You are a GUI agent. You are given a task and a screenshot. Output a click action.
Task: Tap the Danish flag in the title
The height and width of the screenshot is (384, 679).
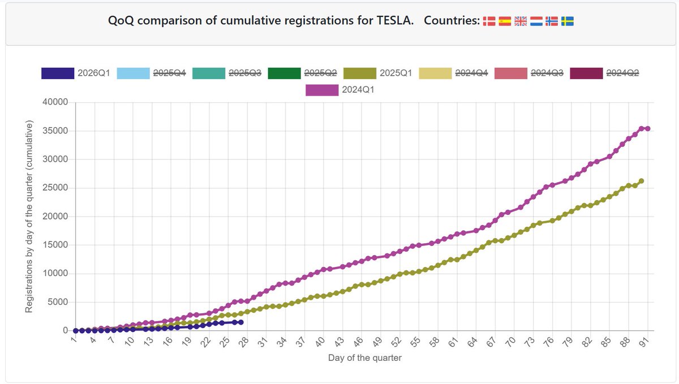pos(489,21)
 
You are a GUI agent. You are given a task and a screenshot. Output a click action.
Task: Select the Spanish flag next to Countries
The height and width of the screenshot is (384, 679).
pos(505,21)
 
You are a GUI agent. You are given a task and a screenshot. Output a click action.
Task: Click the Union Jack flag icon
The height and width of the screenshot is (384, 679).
pos(521,21)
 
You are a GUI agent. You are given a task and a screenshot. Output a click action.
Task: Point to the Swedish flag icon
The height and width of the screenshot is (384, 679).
pos(567,21)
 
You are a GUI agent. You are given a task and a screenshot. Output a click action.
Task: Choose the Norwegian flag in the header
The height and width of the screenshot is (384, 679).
pos(552,21)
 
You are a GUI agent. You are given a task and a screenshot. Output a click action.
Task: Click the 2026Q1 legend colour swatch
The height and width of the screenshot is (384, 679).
pos(58,74)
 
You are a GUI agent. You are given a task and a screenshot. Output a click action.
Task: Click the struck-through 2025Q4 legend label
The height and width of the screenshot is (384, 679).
pos(170,74)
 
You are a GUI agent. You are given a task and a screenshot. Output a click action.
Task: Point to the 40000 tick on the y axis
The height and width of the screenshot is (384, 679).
pos(55,102)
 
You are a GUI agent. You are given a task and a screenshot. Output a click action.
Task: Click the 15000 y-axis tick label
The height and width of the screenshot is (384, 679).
pos(55,245)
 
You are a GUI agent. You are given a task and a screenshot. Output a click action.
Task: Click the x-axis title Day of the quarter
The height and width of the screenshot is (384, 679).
pos(364,358)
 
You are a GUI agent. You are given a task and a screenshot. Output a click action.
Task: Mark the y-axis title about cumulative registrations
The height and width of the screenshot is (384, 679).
pos(29,217)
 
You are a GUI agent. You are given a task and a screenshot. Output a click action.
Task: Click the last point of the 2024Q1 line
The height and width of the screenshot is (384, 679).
pos(647,129)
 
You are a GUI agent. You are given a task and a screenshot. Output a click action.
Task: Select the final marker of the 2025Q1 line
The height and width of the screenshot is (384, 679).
pos(641,181)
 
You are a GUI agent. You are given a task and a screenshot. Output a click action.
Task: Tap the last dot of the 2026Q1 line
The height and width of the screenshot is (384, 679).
pos(240,322)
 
